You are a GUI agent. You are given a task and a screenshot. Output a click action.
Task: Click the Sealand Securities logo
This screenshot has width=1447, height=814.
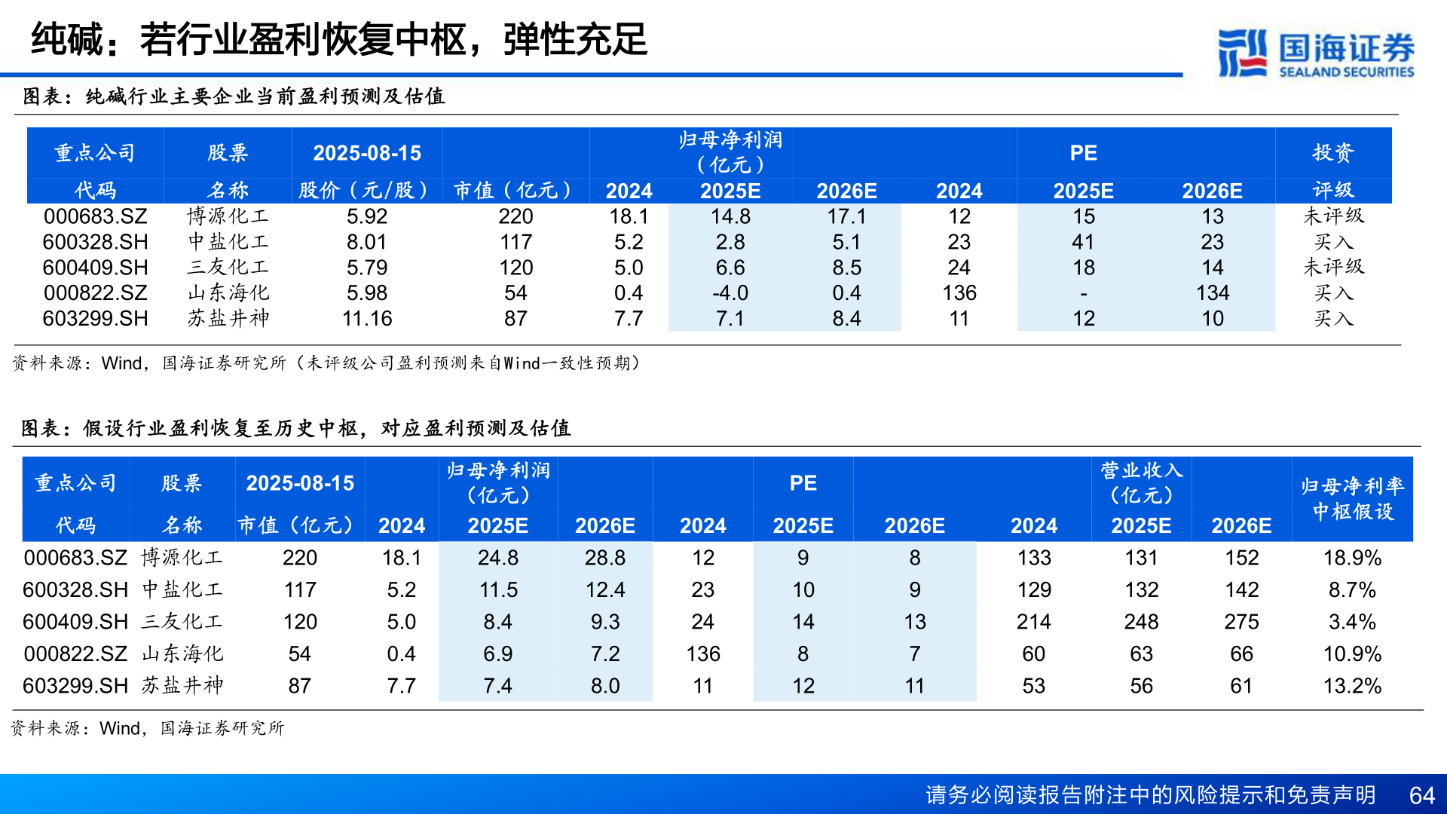pyautogui.click(x=1316, y=53)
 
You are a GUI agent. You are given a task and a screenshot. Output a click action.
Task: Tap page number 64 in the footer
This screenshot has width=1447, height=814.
pyautogui.click(x=1421, y=795)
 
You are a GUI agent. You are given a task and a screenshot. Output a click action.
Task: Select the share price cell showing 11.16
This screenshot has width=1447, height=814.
pyautogui.click(x=367, y=319)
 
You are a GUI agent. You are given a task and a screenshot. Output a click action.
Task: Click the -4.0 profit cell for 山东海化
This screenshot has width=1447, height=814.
pyautogui.click(x=730, y=293)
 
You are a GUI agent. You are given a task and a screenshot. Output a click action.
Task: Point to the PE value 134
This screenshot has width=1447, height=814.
pyautogui.click(x=1212, y=293)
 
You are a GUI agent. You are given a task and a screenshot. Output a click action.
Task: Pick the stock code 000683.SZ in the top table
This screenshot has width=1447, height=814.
pyautogui.click(x=95, y=217)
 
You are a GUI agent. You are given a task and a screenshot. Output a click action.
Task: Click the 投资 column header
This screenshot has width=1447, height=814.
pyautogui.click(x=1332, y=153)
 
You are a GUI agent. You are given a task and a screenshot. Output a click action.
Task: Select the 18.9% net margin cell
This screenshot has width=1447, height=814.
pyautogui.click(x=1352, y=558)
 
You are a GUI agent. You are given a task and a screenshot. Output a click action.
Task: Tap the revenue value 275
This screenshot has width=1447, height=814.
pyautogui.click(x=1241, y=623)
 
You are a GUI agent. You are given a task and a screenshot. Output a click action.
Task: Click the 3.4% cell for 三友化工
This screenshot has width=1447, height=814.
pyautogui.click(x=1352, y=623)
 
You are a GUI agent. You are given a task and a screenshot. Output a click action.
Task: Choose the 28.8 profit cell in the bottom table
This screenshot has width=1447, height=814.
pyautogui.click(x=605, y=558)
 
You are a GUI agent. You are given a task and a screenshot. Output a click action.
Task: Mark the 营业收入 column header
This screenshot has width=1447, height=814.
pyautogui.click(x=1141, y=482)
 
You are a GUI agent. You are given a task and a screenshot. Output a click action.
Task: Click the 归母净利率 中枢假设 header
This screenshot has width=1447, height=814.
pyautogui.click(x=1352, y=499)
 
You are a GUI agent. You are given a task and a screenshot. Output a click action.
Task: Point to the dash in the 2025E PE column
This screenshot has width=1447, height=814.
pyautogui.click(x=1083, y=294)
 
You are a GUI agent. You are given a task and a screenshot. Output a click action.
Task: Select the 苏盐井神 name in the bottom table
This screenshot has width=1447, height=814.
pyautogui.click(x=182, y=686)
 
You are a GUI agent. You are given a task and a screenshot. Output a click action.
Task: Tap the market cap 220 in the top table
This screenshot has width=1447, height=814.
pyautogui.click(x=515, y=217)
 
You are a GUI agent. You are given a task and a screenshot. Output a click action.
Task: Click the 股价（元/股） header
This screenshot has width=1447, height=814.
pyautogui.click(x=365, y=191)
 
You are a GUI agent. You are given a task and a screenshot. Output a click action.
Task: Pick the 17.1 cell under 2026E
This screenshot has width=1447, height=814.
pyautogui.click(x=846, y=217)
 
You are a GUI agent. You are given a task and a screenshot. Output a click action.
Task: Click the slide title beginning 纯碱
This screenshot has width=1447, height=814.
pyautogui.click(x=339, y=39)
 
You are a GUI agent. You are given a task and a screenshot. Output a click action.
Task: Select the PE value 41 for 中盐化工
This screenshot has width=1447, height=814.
pyautogui.click(x=1083, y=243)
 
